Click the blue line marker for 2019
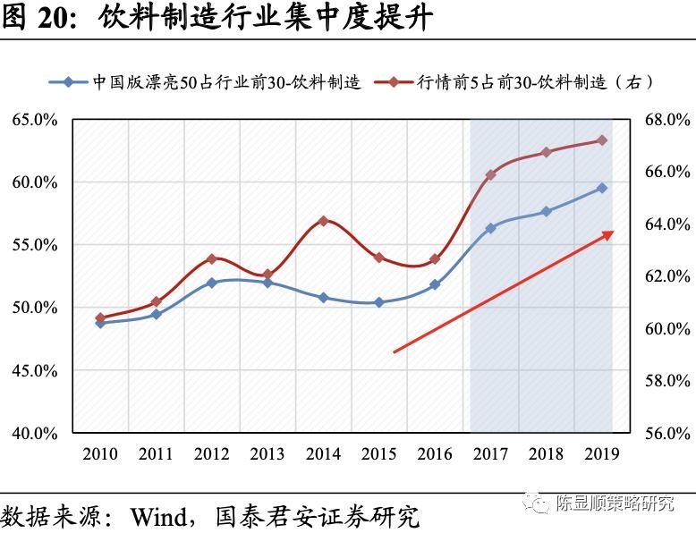[602, 188]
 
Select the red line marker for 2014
[323, 221]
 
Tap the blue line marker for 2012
[211, 283]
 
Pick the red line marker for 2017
[490, 175]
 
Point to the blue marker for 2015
[378, 302]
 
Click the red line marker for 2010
[100, 317]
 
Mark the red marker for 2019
[602, 140]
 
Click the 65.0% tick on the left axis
[35, 120]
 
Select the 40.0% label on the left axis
[35, 433]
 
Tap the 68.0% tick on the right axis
[666, 120]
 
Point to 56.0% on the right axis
[666, 433]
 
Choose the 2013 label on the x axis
[267, 454]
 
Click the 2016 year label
[435, 454]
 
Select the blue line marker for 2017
[490, 228]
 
